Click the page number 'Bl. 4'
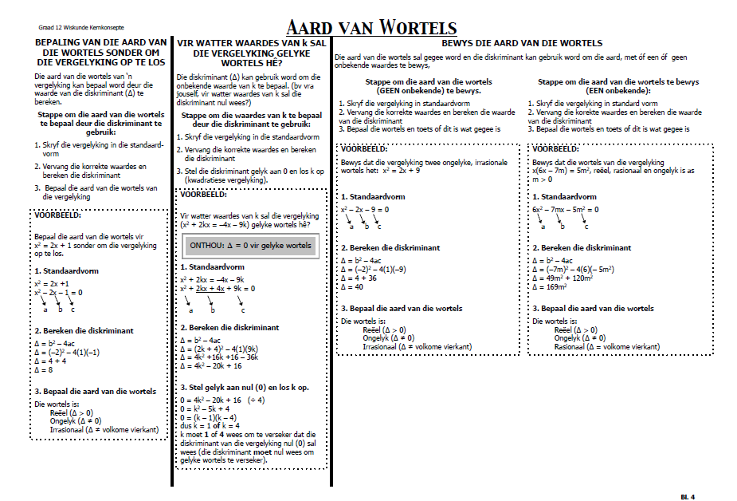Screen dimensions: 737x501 coord(688,497)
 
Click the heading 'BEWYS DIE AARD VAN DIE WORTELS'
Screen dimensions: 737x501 coord(522,43)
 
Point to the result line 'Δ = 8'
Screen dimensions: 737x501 coord(44,369)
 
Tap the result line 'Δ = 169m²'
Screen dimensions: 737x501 coord(549,286)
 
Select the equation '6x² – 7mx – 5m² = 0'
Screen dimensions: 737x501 coord(566,210)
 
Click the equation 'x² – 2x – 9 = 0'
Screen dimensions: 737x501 coord(365,210)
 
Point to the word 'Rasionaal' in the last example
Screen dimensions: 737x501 coord(569,347)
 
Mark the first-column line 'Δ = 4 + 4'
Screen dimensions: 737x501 coord(49,361)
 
